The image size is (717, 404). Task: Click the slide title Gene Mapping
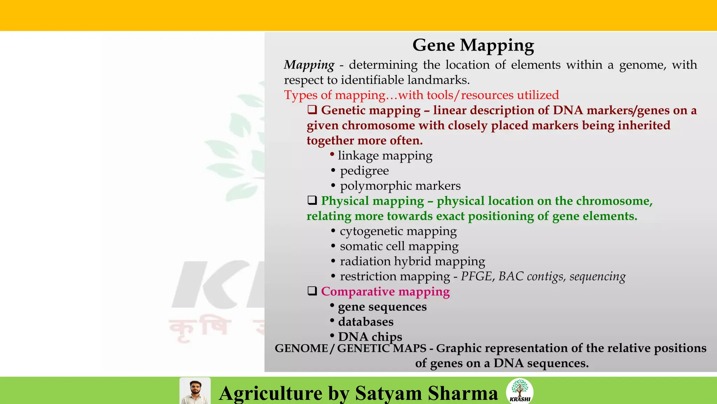click(x=473, y=45)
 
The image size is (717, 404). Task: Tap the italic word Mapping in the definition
click(x=309, y=65)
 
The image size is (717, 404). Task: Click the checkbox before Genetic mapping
click(x=312, y=110)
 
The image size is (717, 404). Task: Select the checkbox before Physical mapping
click(x=312, y=200)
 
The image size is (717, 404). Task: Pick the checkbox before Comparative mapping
click(x=312, y=291)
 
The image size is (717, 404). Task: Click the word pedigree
click(x=364, y=171)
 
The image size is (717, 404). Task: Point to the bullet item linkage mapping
click(x=385, y=155)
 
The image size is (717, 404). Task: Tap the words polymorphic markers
click(x=400, y=186)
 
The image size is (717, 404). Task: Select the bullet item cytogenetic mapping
click(x=398, y=231)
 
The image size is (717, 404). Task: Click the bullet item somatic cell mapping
click(x=399, y=246)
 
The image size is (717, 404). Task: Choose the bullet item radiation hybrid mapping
click(x=412, y=261)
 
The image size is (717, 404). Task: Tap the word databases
click(x=366, y=322)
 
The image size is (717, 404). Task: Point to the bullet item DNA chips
click(x=370, y=337)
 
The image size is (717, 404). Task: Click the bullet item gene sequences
click(x=382, y=307)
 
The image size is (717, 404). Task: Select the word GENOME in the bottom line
click(x=301, y=348)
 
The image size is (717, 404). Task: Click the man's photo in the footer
click(x=195, y=391)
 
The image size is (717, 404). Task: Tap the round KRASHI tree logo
click(x=520, y=391)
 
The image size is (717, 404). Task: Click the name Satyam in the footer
click(x=388, y=393)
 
